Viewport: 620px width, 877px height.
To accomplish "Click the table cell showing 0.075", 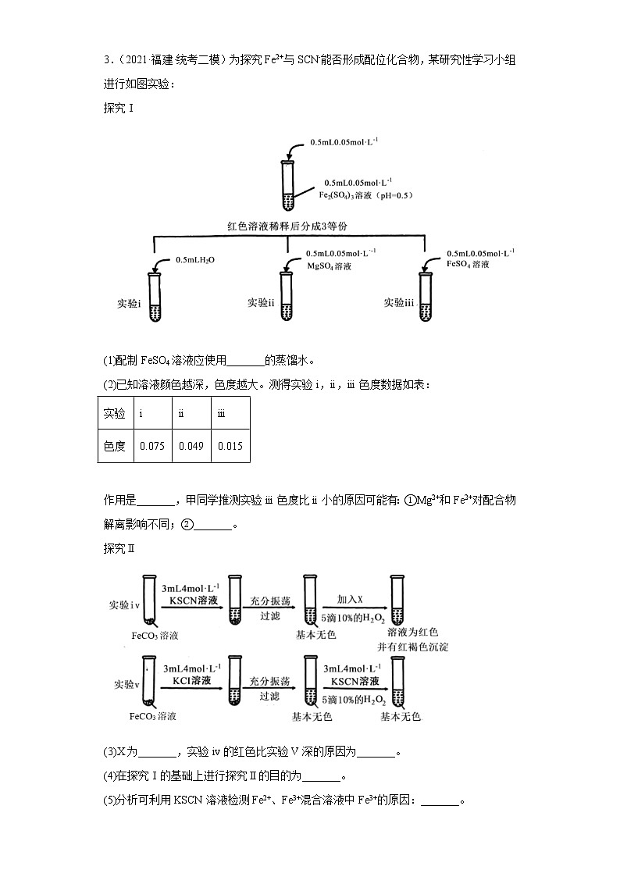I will pyautogui.click(x=152, y=446).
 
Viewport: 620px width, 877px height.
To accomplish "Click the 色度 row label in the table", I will pyautogui.click(x=115, y=446).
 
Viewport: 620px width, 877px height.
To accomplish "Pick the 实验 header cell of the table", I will pyautogui.click(x=115, y=412).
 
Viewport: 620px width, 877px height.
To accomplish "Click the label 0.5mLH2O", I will pyautogui.click(x=194, y=259).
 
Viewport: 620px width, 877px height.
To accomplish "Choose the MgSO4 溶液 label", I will pyautogui.click(x=329, y=266).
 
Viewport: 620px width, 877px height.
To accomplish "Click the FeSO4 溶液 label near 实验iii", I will pyautogui.click(x=468, y=264).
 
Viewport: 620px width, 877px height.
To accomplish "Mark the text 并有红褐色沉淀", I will pyautogui.click(x=412, y=647).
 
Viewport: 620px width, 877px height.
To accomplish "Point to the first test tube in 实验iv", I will pyautogui.click(x=149, y=600).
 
